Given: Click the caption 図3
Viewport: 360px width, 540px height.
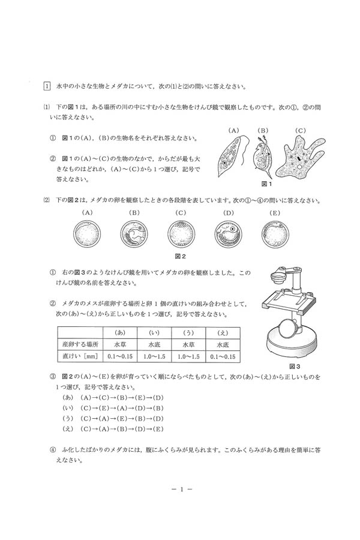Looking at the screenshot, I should pyautogui.click(x=294, y=365).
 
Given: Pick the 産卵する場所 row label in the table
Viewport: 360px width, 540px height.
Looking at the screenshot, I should pyautogui.click(x=80, y=345).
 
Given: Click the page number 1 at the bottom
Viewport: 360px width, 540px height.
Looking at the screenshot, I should pyautogui.click(x=180, y=488).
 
